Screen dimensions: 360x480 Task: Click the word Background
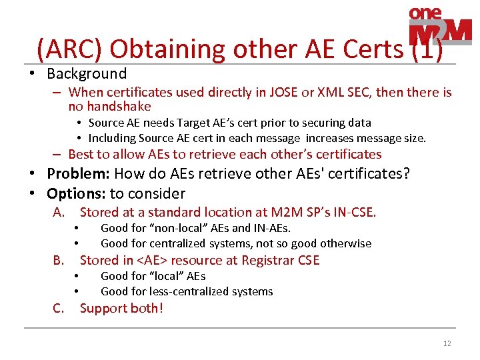point(87,73)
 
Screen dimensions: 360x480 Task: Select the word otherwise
point(347,243)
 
